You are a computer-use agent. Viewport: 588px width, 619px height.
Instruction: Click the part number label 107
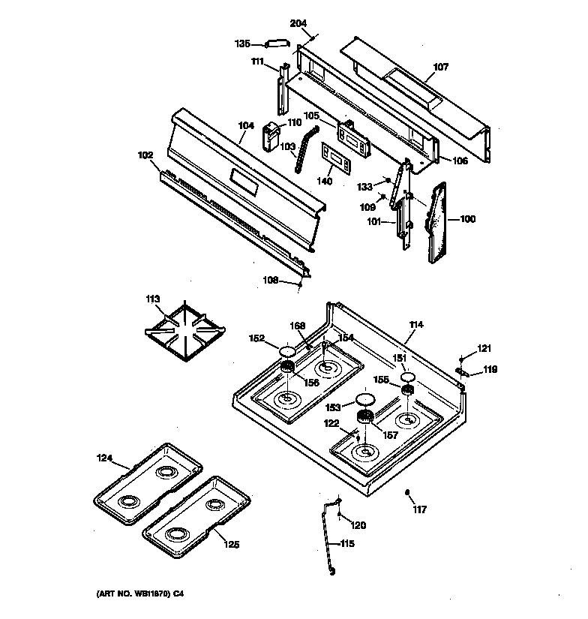440,67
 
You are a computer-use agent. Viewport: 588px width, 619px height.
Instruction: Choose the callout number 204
298,23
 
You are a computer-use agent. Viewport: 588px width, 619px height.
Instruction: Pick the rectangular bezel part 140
337,160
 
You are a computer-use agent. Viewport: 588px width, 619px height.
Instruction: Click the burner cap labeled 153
365,399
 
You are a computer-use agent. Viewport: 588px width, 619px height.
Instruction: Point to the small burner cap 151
407,377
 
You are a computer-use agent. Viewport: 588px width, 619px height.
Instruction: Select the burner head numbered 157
365,417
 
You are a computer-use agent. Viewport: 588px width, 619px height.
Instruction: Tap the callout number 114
416,325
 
